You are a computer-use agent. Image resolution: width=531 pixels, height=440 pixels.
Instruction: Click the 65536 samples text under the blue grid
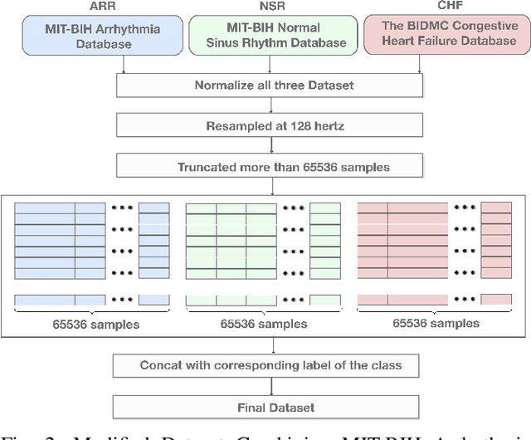pos(92,324)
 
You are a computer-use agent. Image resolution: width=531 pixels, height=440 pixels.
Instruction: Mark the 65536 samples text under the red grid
pos(435,324)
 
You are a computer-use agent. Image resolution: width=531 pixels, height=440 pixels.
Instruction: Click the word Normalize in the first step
pos(223,85)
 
